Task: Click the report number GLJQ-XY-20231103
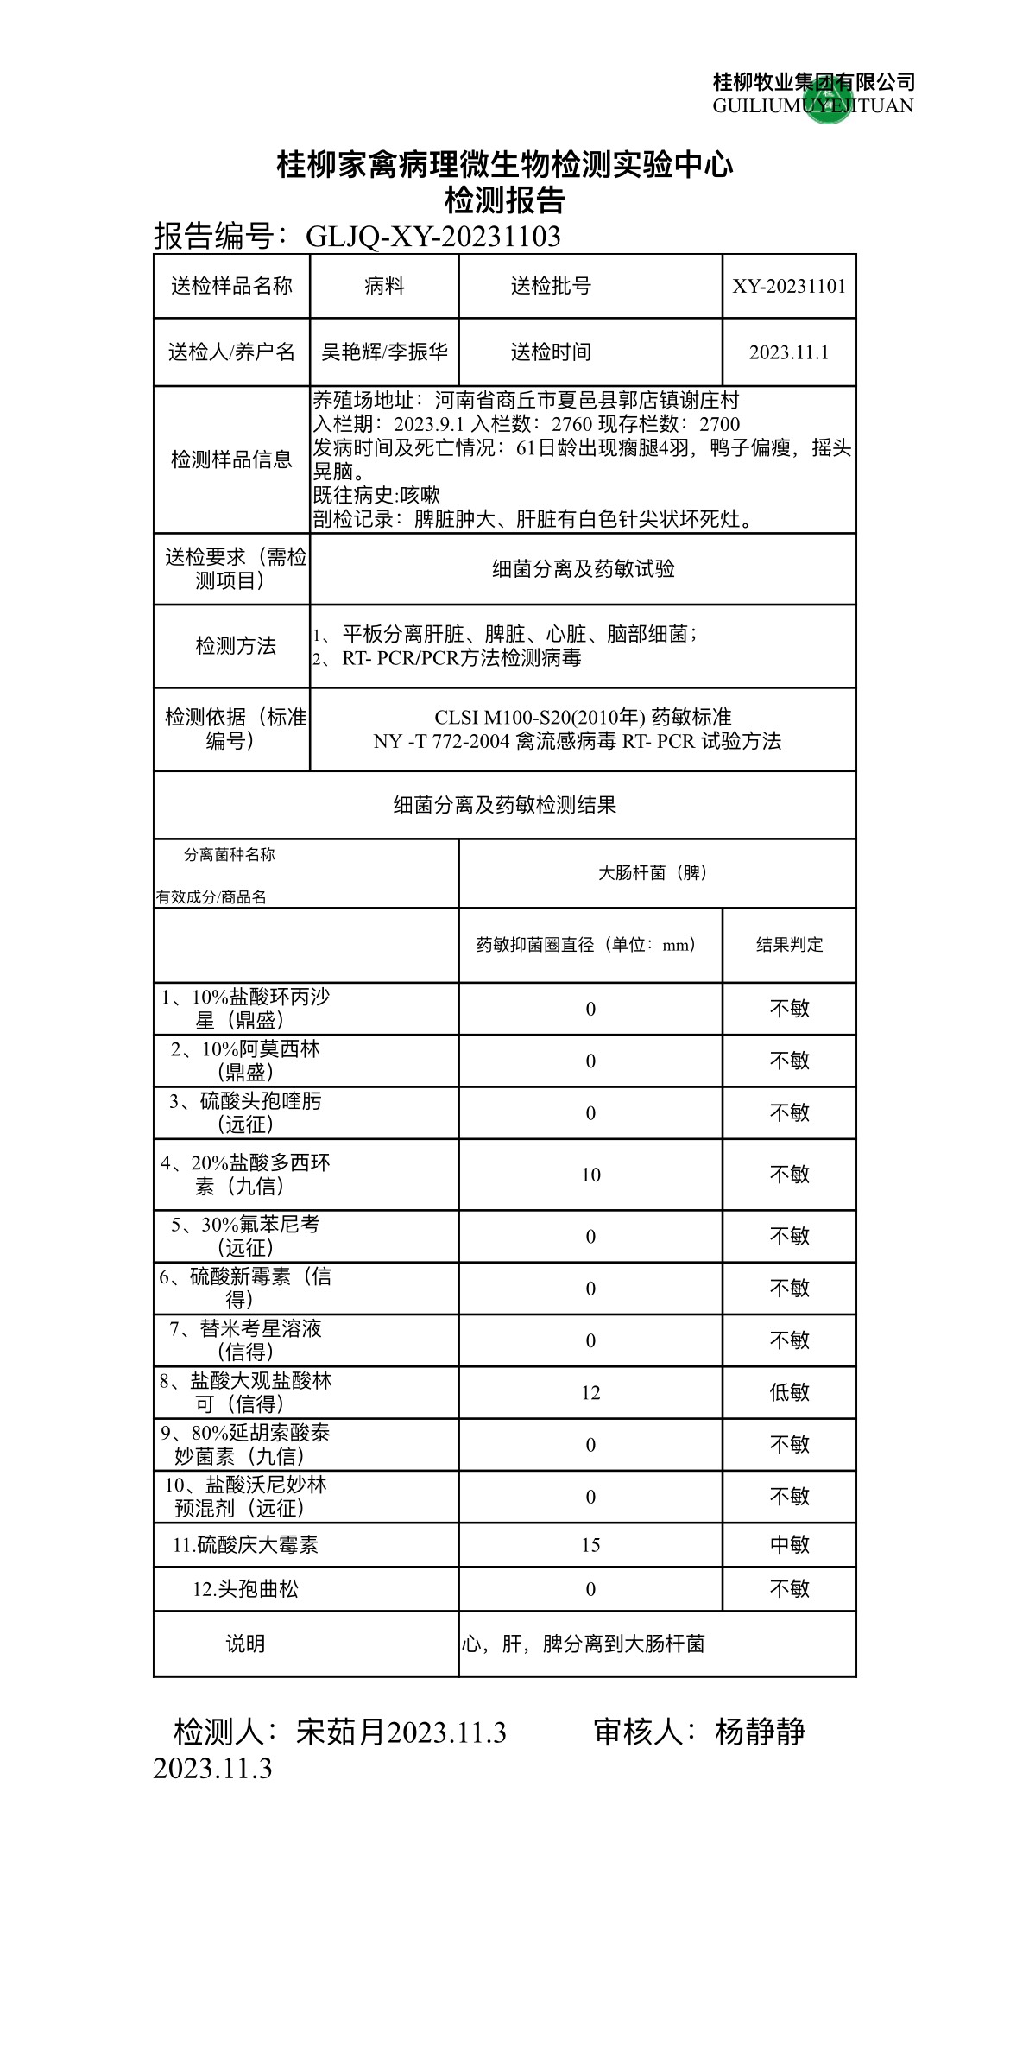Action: [433, 236]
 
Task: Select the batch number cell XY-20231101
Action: [789, 287]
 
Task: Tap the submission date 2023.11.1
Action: [789, 352]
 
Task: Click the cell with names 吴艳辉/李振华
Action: [384, 352]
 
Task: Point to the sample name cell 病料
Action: [384, 287]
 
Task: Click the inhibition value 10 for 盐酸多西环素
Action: [590, 1175]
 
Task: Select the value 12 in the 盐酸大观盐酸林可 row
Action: [590, 1393]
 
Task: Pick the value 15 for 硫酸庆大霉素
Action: [590, 1545]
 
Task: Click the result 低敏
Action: [789, 1393]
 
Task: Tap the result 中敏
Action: [789, 1545]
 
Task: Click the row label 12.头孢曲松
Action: [245, 1589]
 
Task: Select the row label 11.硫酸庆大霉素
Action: [245, 1545]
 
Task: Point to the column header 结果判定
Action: [789, 945]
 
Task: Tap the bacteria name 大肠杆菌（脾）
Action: [653, 873]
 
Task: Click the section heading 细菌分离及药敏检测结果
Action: [504, 806]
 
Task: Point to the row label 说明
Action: [245, 1644]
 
